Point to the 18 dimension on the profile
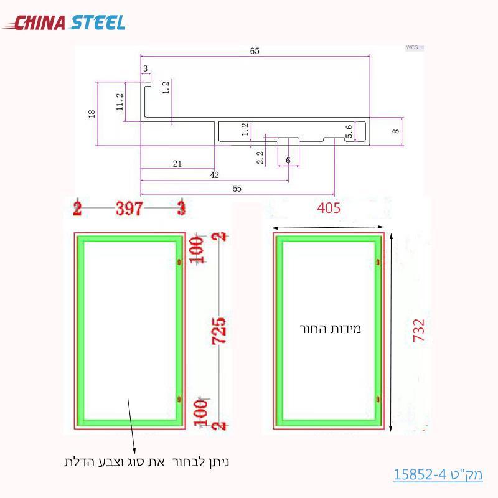(x=92, y=113)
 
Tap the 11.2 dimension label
(x=120, y=100)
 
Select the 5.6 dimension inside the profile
(x=349, y=131)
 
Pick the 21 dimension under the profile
(x=177, y=163)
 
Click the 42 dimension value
(x=215, y=175)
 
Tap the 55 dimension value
(x=237, y=187)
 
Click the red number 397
(x=129, y=208)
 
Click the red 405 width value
(x=328, y=208)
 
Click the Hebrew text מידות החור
(x=331, y=328)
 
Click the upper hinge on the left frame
(x=179, y=262)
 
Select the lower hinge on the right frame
(x=378, y=398)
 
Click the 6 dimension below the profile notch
(x=288, y=161)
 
